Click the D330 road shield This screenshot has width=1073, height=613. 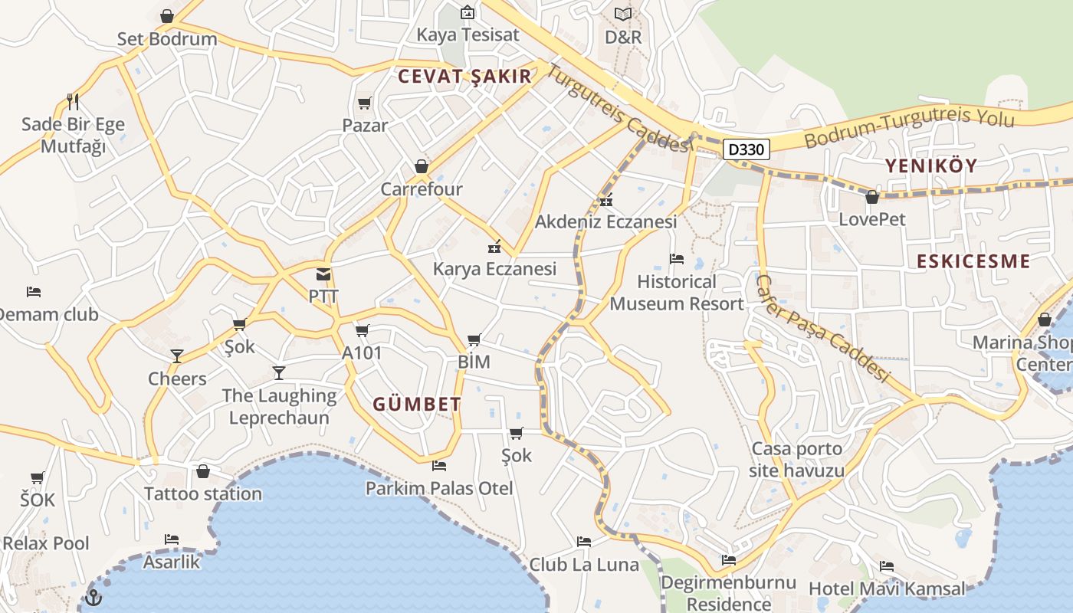746,149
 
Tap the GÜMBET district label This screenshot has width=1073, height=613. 417,405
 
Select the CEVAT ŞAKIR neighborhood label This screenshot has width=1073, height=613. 464,76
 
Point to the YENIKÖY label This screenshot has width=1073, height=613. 931,166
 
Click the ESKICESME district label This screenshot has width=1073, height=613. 973,261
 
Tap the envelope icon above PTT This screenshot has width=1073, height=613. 323,274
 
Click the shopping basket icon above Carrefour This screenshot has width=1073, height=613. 421,166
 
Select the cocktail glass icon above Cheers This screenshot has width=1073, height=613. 177,356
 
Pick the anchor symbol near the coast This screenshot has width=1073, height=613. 94,597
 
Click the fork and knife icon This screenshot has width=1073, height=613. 73,101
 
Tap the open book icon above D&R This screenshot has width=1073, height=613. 623,14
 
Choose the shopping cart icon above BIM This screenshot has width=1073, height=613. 474,339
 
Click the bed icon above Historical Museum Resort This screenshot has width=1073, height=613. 676,259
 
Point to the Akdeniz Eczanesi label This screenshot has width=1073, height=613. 605,222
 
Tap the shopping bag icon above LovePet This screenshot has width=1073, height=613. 871,197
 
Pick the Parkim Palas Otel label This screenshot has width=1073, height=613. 439,488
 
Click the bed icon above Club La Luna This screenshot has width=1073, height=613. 584,542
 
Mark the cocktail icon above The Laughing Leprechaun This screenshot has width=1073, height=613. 279,373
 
